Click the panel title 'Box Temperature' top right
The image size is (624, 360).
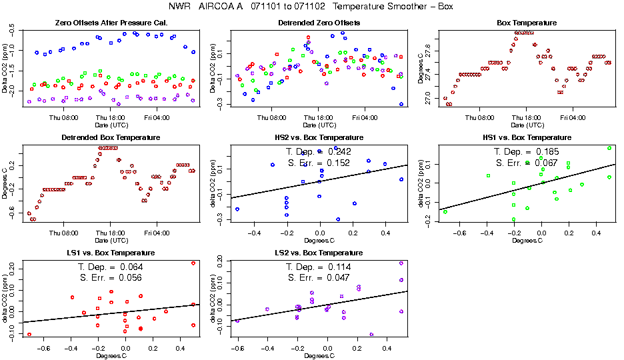coord(527,23)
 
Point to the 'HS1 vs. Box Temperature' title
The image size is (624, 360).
coord(527,138)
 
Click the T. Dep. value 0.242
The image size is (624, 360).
coord(337,152)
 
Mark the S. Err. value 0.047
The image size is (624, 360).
coord(337,279)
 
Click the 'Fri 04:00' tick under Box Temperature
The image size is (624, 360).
coord(573,117)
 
